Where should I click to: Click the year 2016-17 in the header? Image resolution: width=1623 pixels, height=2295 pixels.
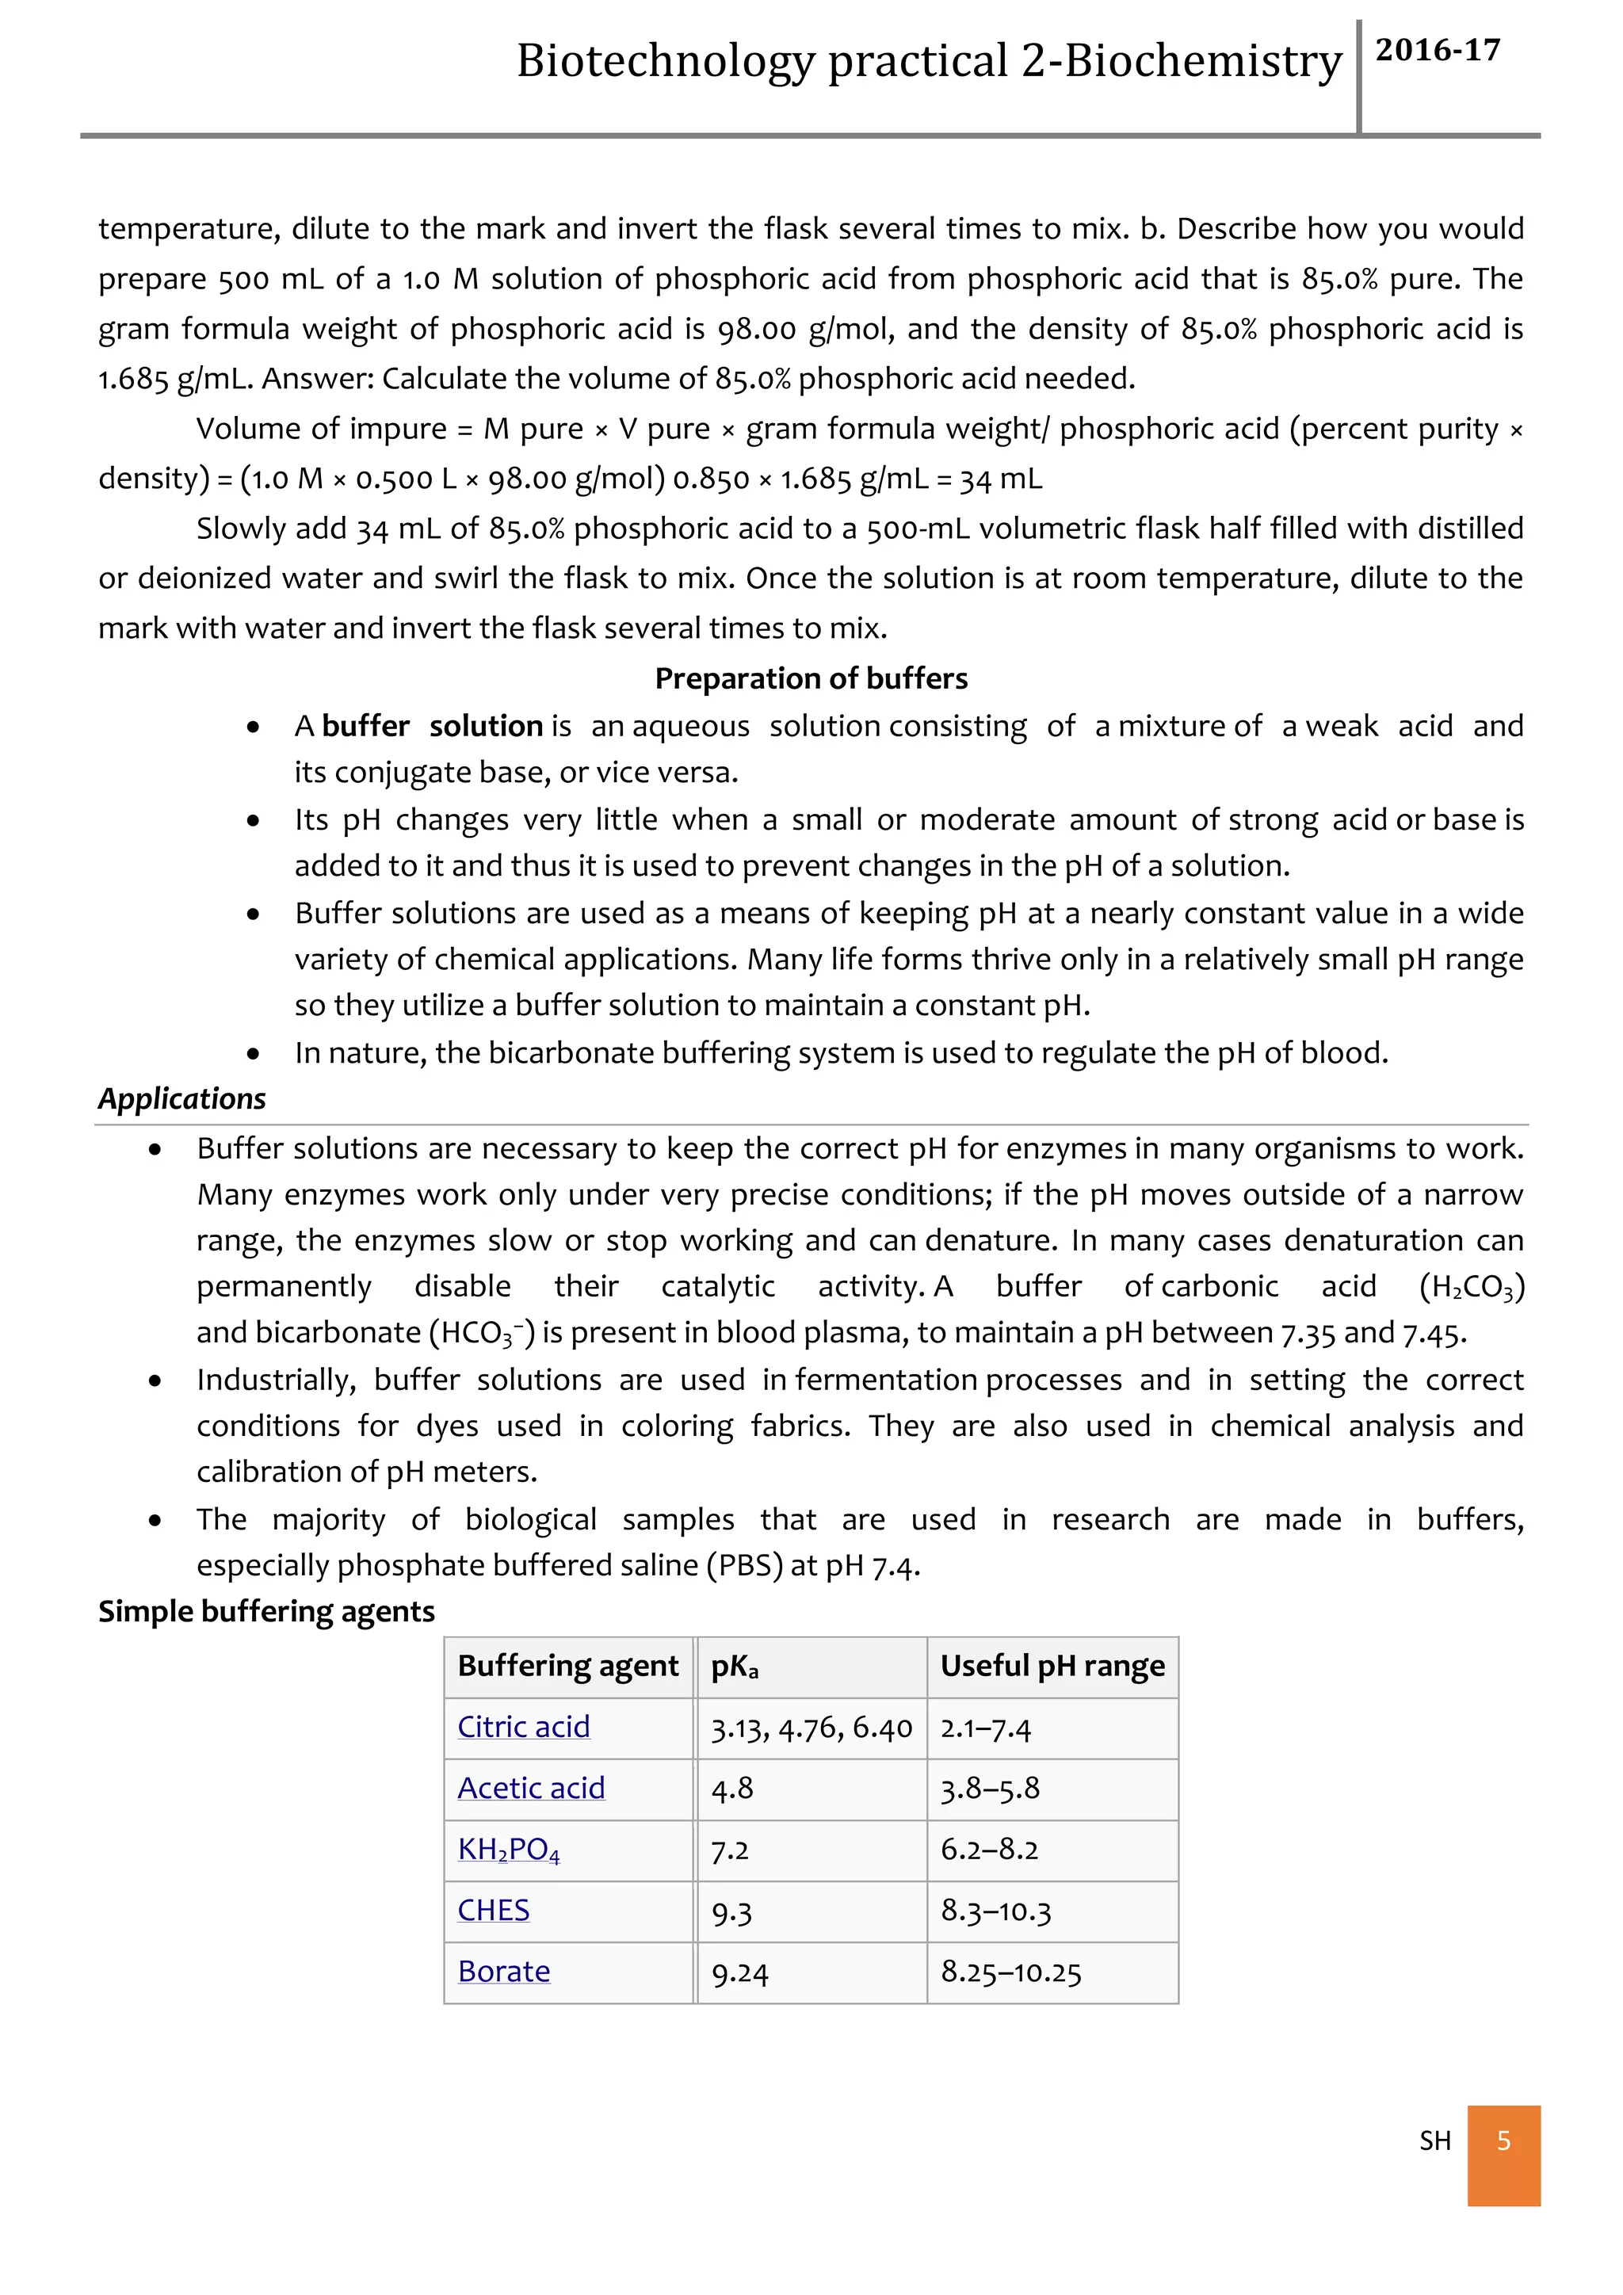(1437, 50)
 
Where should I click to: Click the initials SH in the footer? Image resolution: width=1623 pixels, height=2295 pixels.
(1434, 2140)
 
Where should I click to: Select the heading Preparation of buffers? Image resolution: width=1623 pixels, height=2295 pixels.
(811, 678)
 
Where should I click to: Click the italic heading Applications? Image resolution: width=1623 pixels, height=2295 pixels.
(182, 1098)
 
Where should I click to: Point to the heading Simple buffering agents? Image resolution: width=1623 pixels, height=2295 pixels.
(265, 1611)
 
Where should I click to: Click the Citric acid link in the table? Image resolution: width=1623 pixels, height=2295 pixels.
(524, 1728)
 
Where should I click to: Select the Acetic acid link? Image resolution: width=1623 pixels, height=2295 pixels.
(531, 1789)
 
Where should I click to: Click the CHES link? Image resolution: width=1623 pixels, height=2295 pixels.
(494, 1910)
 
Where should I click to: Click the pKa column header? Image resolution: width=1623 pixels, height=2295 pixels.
(735, 1667)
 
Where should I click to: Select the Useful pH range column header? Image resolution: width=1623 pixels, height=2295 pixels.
(1052, 1667)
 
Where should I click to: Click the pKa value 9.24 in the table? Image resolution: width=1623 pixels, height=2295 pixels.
(739, 1973)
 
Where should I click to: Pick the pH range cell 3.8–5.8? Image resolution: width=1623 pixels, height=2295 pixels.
(989, 1789)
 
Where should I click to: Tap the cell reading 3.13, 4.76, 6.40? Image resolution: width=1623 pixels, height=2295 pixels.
(811, 1728)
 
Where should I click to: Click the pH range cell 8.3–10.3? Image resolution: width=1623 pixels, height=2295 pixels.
(995, 1911)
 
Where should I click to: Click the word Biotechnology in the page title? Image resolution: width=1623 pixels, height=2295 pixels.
(665, 61)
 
